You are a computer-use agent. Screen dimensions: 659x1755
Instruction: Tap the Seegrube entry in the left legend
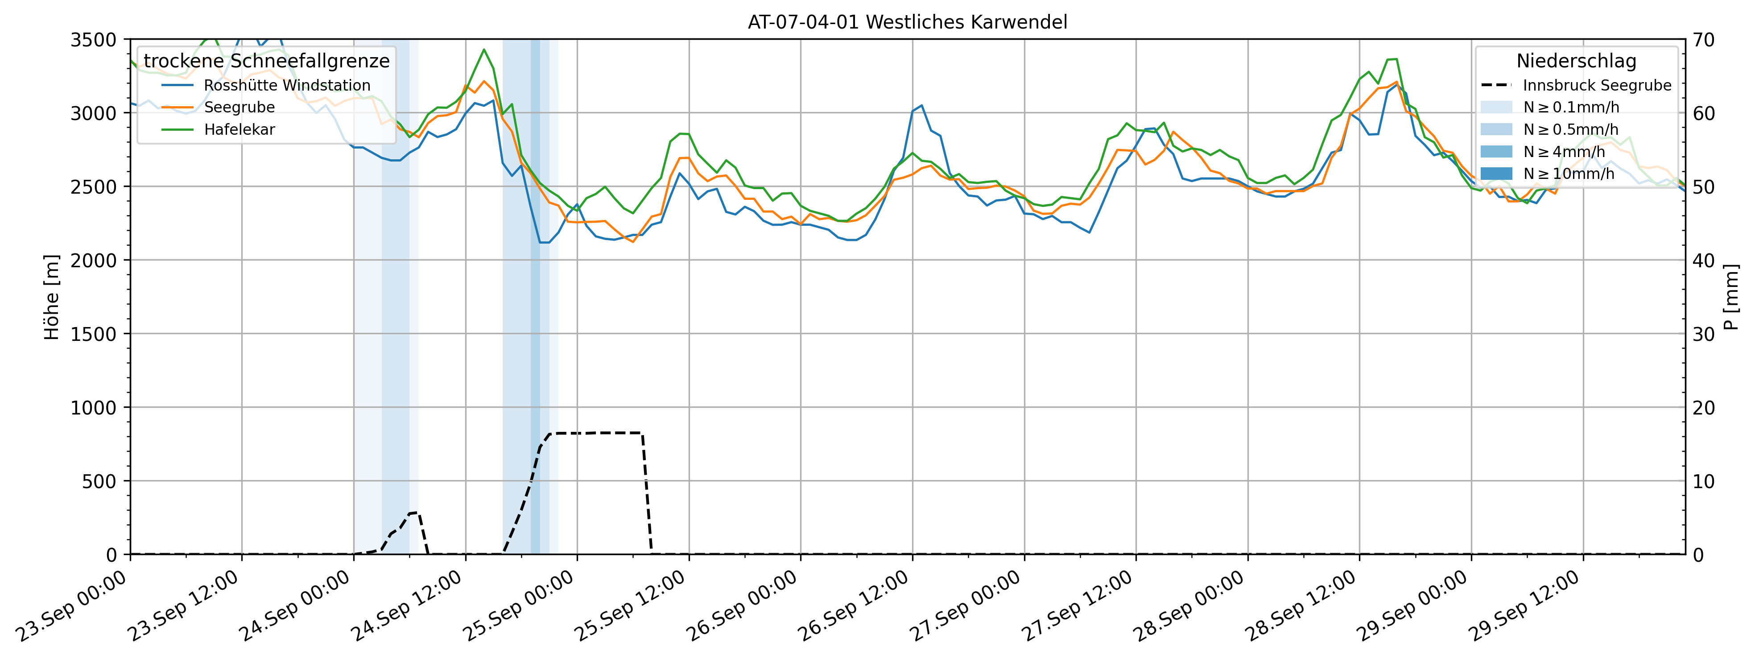(239, 108)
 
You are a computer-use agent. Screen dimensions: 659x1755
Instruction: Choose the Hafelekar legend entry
(239, 129)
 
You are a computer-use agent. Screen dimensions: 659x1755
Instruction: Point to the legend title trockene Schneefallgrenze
(266, 61)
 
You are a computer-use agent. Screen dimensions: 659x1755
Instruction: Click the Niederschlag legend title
(1576, 61)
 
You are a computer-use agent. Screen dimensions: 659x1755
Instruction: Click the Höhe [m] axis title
(52, 297)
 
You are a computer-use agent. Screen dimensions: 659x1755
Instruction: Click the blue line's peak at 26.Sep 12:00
(921, 106)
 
